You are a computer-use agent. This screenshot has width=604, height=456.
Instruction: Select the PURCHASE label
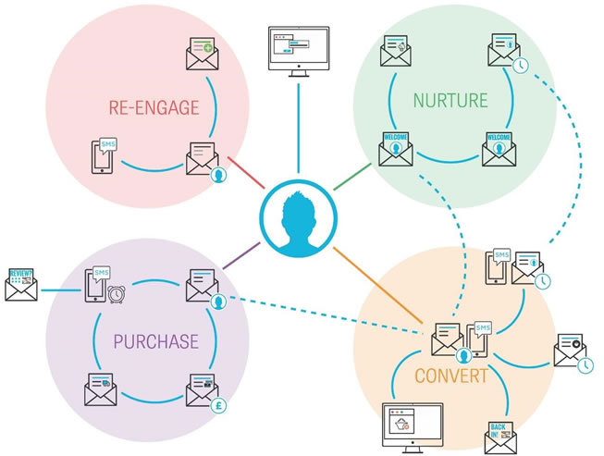(155, 341)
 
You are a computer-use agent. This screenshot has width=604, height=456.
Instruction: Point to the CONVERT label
(451, 376)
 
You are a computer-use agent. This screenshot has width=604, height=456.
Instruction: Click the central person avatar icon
(297, 218)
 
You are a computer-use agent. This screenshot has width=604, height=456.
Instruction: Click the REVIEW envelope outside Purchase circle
(21, 284)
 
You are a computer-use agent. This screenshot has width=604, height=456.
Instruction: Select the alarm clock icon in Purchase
(117, 294)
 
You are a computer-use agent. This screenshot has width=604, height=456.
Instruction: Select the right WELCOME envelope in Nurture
(500, 148)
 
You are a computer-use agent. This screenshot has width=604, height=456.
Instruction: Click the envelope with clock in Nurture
(504, 54)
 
